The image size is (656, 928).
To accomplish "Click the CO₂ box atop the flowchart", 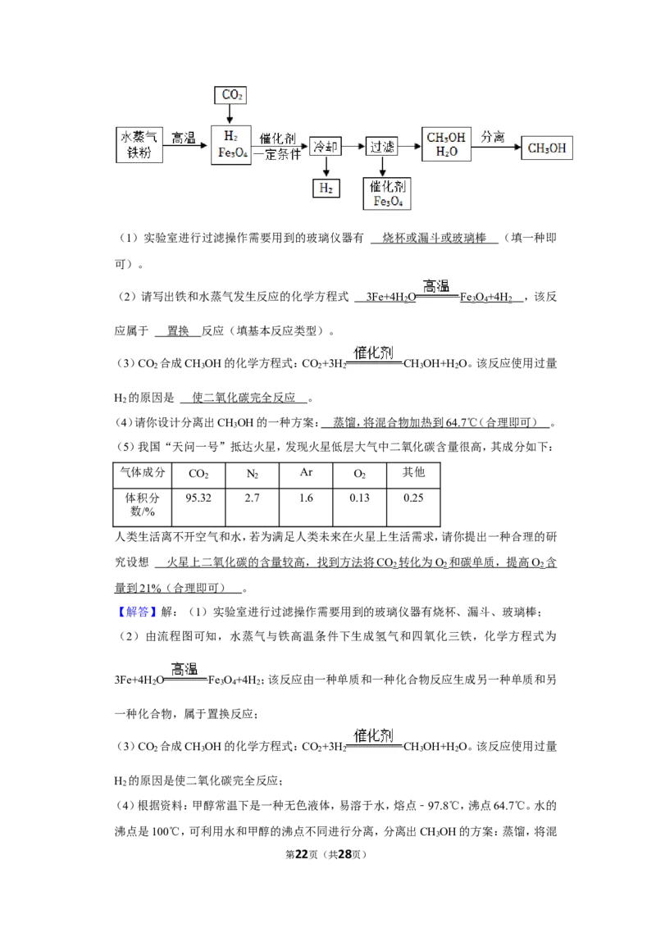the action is point(230,95).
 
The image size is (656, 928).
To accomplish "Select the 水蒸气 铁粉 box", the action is point(139,144).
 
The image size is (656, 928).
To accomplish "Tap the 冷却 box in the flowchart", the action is point(326,146).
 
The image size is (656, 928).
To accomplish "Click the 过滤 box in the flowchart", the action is point(382,146).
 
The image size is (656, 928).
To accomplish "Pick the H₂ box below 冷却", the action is point(326,189).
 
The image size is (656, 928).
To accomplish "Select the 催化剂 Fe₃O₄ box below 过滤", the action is point(387,193).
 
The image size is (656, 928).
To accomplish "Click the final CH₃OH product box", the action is point(547,148).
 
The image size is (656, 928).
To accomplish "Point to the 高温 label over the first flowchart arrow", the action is point(184,138).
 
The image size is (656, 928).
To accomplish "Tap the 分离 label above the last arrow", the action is point(493,137).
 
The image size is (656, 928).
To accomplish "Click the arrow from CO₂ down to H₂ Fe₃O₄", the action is point(230,114).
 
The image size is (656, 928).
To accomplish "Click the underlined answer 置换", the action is point(178,331).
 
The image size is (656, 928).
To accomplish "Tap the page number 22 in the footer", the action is point(302,854).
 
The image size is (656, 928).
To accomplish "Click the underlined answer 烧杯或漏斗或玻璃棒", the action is point(435,238).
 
